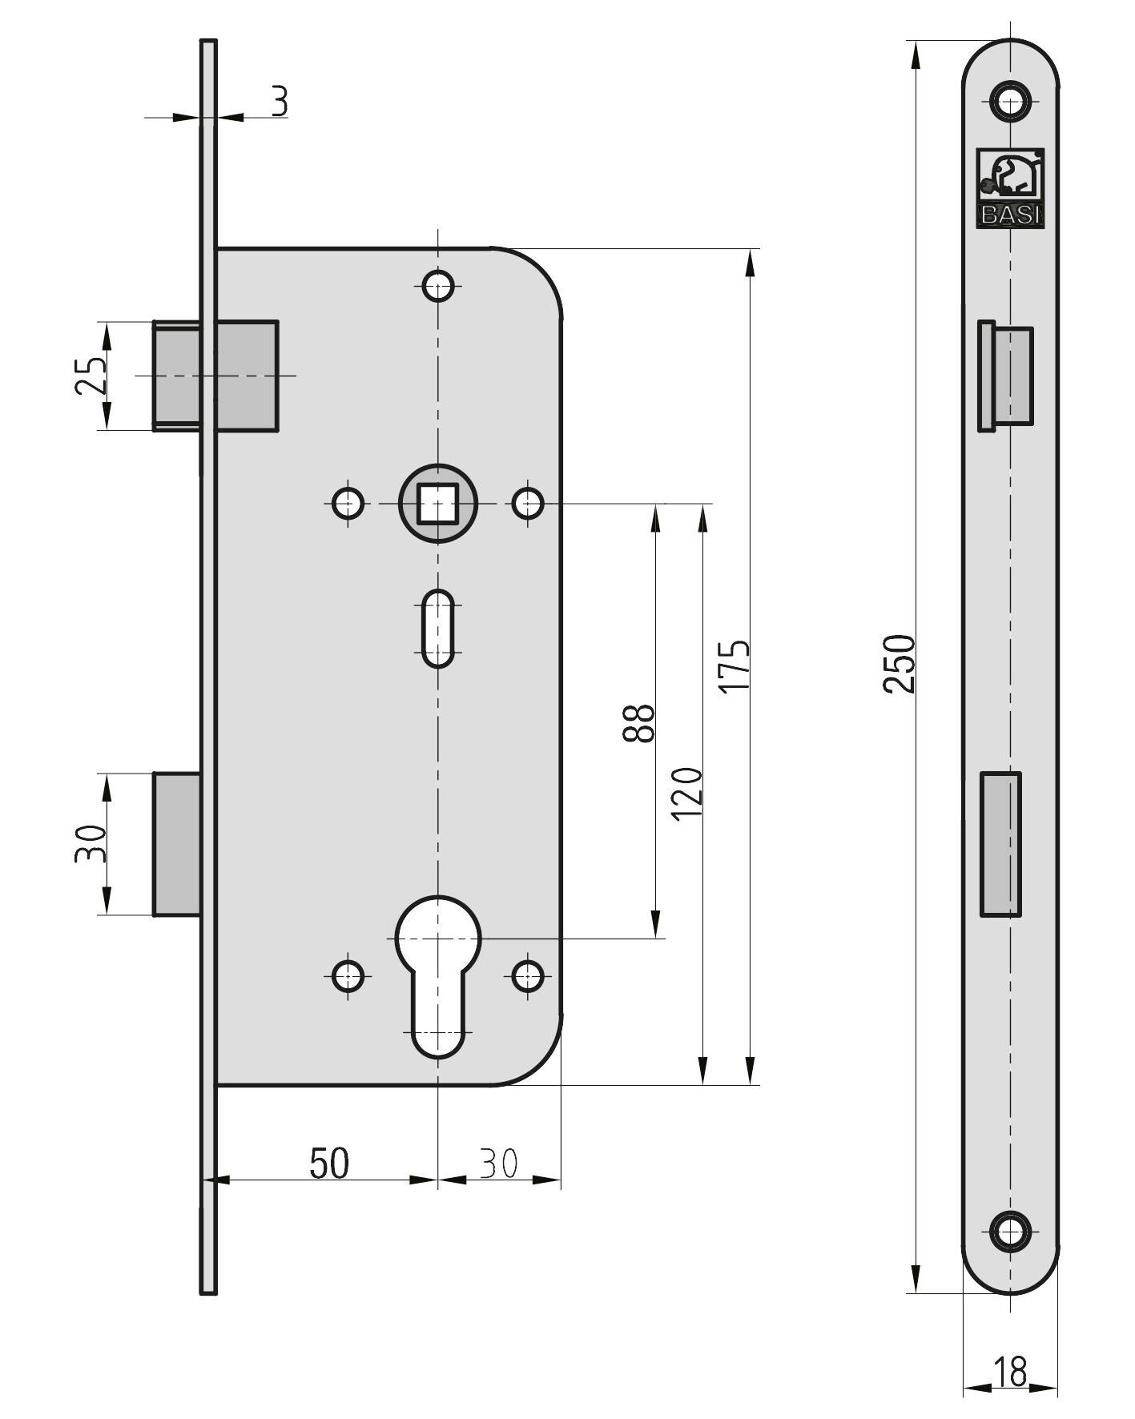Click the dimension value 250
[899, 663]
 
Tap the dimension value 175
[734, 666]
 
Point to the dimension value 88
[639, 723]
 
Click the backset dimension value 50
[330, 1164]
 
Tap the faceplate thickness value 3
[279, 102]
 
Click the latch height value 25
[91, 375]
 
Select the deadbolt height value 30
[91, 843]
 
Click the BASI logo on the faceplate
[1010, 187]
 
